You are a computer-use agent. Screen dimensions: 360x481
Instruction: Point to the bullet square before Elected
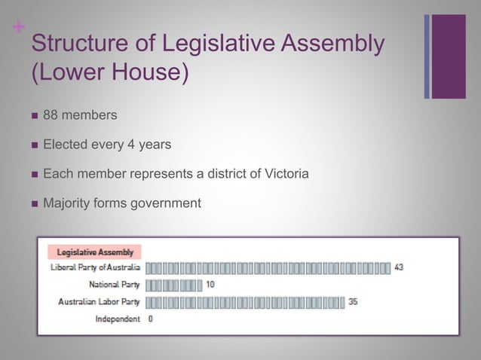click(34, 145)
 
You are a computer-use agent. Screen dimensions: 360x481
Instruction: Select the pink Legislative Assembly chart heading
click(95, 252)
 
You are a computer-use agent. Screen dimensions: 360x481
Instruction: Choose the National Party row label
click(115, 285)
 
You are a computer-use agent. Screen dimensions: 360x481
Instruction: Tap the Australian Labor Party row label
click(99, 302)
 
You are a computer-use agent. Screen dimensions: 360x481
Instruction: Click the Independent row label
click(118, 319)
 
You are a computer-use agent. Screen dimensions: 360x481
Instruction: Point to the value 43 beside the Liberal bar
click(399, 267)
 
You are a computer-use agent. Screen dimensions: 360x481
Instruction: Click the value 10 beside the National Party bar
click(210, 285)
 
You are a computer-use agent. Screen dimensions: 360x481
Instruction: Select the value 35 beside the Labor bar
click(353, 302)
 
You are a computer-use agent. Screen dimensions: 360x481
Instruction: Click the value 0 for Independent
click(151, 319)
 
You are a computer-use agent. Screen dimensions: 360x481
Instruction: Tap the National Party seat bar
click(173, 285)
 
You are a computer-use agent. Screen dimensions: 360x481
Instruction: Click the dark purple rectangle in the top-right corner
click(449, 56)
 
